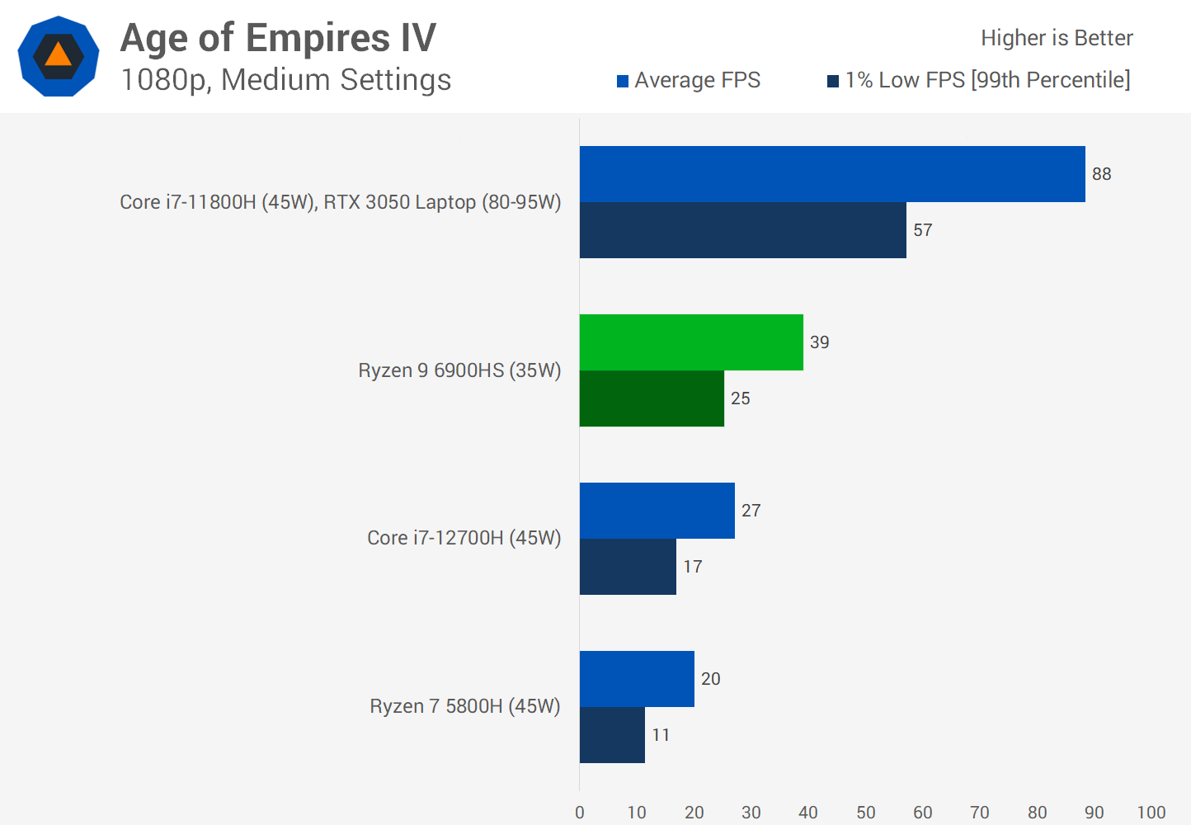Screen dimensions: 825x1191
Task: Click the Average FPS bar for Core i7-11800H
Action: click(x=832, y=174)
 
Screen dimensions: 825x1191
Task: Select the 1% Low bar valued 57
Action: click(x=742, y=230)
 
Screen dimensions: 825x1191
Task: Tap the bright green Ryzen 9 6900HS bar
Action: click(x=691, y=342)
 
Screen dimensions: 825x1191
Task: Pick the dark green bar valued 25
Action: click(x=652, y=398)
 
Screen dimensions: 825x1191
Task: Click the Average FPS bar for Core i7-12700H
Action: click(x=657, y=511)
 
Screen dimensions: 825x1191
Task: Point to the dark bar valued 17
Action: click(x=628, y=567)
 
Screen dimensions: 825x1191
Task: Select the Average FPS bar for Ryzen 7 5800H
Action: click(x=637, y=679)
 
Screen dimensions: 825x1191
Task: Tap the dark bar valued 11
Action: click(x=612, y=735)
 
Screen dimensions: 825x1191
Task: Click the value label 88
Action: click(x=1101, y=174)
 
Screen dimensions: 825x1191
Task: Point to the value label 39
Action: click(x=819, y=342)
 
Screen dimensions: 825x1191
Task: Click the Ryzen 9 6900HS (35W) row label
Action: click(x=459, y=370)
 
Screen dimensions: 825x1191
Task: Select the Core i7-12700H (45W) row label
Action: click(x=464, y=538)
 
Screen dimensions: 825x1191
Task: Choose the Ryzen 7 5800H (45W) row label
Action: click(x=464, y=706)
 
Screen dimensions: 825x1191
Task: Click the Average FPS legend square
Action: click(x=623, y=81)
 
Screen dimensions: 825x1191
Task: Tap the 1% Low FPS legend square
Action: click(x=833, y=81)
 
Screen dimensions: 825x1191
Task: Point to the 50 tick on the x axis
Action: click(x=865, y=813)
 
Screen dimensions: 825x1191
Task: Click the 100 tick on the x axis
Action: click(x=1151, y=813)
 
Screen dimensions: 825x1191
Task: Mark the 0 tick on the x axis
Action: click(x=580, y=813)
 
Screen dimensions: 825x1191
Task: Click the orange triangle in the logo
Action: click(x=59, y=55)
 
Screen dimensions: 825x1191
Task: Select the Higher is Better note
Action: click(x=1057, y=38)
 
